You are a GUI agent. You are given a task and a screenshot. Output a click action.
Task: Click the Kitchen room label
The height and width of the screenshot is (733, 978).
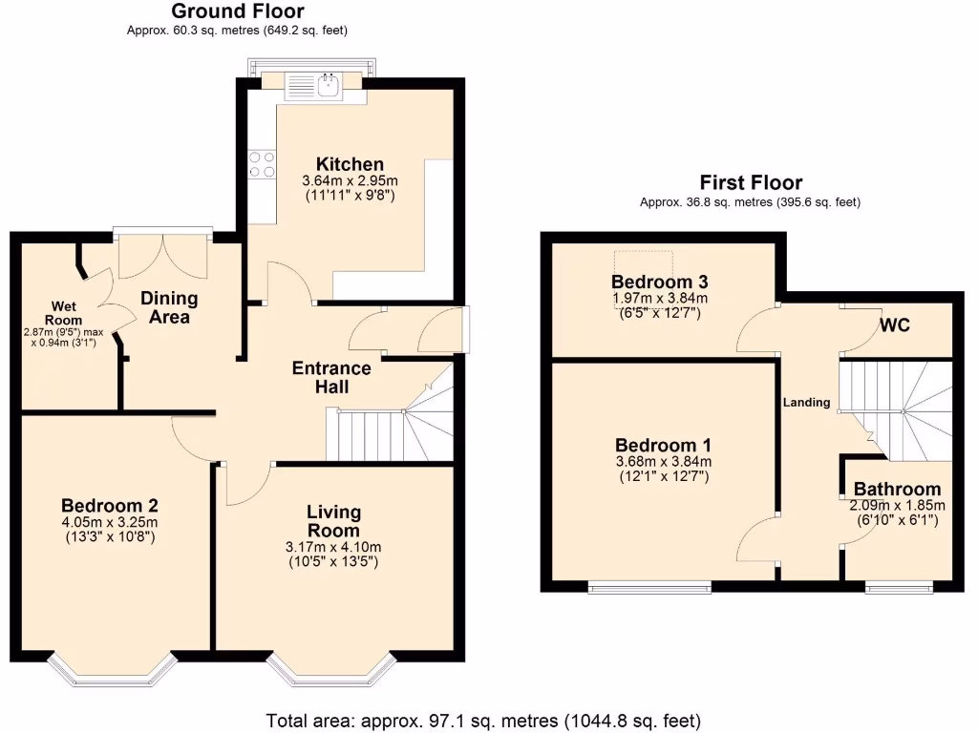coord(350,164)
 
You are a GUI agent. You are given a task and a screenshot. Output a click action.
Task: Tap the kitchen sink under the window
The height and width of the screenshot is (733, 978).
coord(327,86)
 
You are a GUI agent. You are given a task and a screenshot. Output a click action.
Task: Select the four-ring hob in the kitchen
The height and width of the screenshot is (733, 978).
coord(262,165)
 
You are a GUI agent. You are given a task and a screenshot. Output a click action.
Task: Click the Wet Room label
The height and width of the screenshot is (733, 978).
coord(66,313)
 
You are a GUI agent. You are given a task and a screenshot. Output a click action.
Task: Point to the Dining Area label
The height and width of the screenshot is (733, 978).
coord(169,307)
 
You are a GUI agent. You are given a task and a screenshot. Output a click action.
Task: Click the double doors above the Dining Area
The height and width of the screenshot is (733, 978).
coord(162,253)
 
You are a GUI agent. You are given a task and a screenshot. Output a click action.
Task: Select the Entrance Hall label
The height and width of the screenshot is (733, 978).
coord(331,377)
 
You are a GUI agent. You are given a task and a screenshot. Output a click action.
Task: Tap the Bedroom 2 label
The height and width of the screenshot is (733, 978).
coord(109,506)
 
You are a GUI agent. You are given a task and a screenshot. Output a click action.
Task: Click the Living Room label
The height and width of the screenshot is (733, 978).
coord(333,521)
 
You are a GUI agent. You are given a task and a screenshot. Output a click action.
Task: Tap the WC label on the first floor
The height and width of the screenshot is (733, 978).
coord(895,325)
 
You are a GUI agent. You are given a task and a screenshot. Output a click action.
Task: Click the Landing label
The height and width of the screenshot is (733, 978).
coord(807,402)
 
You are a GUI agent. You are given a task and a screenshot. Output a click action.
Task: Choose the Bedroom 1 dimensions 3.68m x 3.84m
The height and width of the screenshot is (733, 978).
coord(664,462)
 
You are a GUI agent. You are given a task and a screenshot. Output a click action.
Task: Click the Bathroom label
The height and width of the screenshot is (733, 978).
coord(897,489)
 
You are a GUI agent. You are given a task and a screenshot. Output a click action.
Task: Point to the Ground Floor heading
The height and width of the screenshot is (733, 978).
coord(238,11)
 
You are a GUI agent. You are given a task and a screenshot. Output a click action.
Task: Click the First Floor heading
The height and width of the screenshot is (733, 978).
coord(751,182)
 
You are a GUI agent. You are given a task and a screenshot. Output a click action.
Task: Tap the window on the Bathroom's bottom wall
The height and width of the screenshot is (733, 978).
coord(900,586)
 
